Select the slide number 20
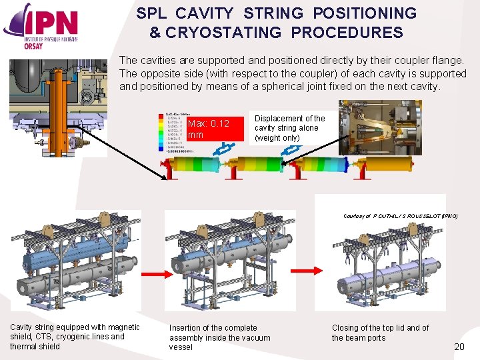459,346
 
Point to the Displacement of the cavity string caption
289,128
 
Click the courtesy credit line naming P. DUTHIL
400,216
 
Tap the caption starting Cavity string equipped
75,337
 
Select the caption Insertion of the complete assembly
220,337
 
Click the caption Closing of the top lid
380,332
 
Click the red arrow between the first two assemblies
155,274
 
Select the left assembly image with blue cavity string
75,261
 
